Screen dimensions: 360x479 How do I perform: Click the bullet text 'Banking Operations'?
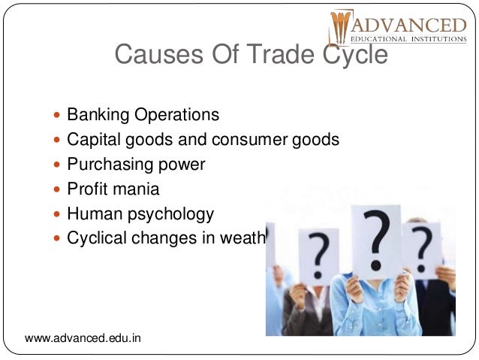[143, 115]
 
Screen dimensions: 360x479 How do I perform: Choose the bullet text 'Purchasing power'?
[136, 165]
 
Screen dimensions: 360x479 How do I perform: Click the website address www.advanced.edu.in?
[83, 339]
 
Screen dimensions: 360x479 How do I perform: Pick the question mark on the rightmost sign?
[422, 241]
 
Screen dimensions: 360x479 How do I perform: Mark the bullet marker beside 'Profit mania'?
[59, 189]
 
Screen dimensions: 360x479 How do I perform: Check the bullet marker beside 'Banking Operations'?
[59, 116]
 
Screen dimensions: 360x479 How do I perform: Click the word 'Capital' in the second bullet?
[92, 140]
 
